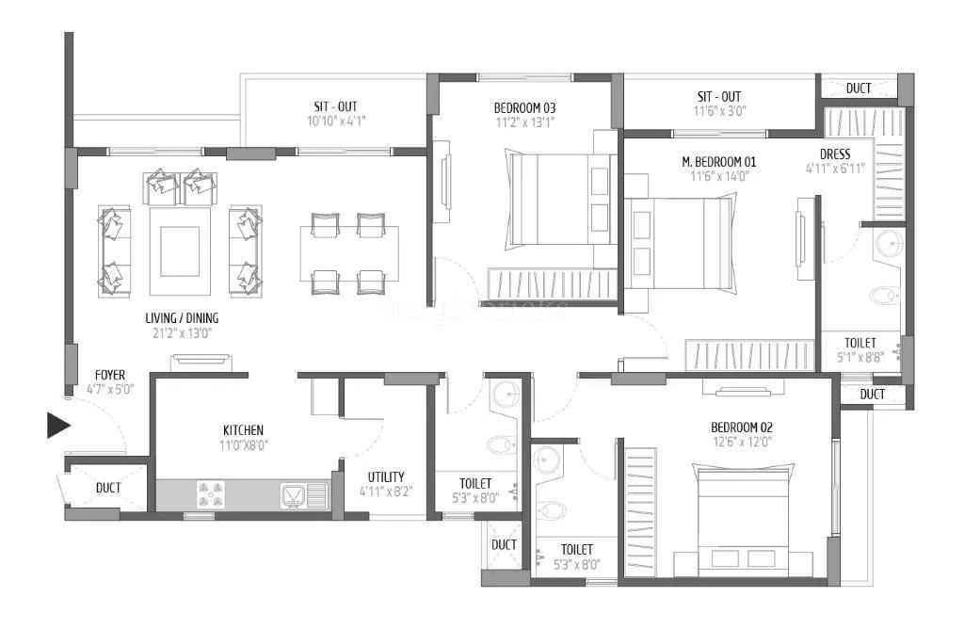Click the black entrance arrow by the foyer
tap(58, 426)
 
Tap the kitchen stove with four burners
tap(212, 493)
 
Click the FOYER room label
tap(110, 375)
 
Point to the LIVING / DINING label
tap(183, 318)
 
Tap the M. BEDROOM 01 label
tap(719, 161)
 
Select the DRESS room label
tap(835, 153)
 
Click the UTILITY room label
tap(386, 476)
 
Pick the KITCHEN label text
tap(243, 429)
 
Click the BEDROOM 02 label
tap(742, 427)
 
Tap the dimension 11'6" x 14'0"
tap(719, 176)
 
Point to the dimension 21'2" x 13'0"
tap(183, 332)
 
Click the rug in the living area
tap(179, 251)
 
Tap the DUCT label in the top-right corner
tap(858, 89)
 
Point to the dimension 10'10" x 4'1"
tap(335, 121)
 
